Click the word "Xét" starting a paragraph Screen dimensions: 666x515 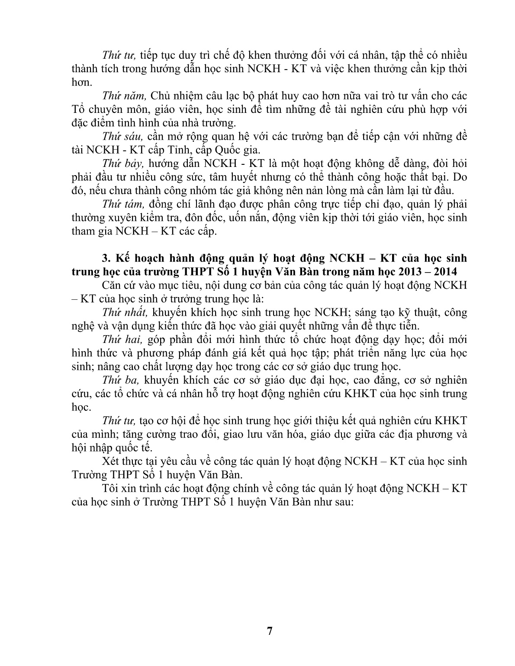point(112,461)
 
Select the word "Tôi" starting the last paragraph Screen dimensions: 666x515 point(111,488)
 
